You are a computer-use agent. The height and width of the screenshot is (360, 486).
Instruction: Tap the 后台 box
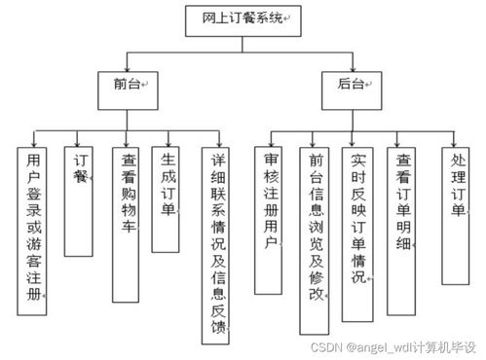coord(352,86)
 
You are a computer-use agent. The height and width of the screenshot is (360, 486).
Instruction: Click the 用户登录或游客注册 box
coord(33,231)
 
